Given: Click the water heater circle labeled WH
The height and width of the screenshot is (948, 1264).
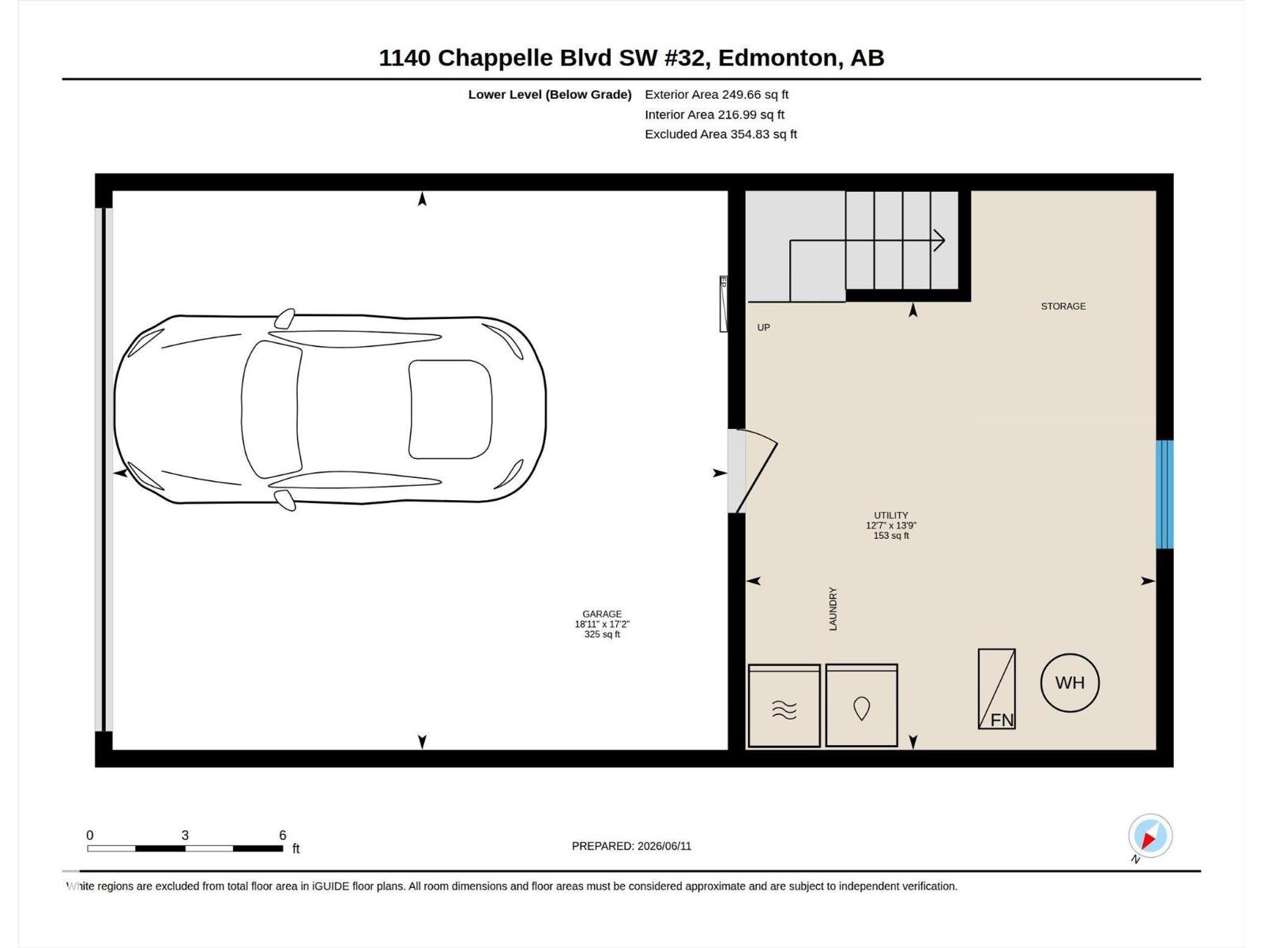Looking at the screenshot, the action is [1070, 683].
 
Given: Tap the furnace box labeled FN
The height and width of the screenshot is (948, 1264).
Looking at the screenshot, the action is [996, 689].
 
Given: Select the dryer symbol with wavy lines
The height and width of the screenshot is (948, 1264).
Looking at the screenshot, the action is [784, 705].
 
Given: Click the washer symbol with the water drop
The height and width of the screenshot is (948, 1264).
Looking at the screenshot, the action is [861, 705].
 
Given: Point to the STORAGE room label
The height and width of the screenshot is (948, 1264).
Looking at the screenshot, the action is [1063, 307].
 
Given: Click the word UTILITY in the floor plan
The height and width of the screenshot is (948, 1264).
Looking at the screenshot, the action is [891, 515].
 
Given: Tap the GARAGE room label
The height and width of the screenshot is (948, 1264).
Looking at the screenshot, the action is [602, 614].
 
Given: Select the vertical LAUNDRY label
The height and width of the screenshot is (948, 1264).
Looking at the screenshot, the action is [833, 608].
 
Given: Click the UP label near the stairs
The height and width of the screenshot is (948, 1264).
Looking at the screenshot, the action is [764, 328].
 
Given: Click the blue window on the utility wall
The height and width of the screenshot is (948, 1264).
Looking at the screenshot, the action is [1164, 495].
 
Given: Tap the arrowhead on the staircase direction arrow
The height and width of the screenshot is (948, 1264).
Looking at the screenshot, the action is [939, 240].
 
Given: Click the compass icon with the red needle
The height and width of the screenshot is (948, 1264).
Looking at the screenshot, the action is [1149, 835].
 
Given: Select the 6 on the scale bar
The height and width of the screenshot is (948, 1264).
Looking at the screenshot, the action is [282, 834].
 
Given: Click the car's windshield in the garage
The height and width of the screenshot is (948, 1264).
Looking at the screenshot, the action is [271, 409].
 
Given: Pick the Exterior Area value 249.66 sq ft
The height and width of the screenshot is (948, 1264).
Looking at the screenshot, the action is [755, 94].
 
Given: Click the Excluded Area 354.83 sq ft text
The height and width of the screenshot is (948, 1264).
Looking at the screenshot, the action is [721, 134].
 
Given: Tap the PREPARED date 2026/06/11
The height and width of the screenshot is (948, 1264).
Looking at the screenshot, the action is [664, 846].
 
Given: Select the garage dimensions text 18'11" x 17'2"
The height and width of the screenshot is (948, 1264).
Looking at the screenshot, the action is [602, 624].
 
